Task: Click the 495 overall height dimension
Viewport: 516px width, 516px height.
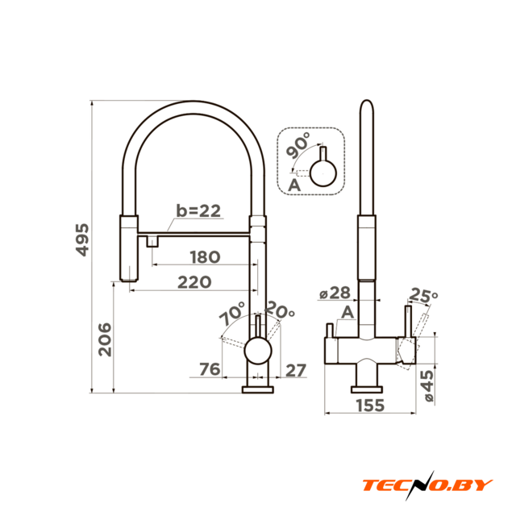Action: coord(82,239)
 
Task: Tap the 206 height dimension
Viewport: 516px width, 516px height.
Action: coord(105,339)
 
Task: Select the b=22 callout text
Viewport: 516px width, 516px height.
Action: coord(198,210)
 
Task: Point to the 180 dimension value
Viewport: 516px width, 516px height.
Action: coord(205,257)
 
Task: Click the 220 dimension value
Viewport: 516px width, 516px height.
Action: coord(194,282)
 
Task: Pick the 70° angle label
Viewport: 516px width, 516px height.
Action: coord(232,313)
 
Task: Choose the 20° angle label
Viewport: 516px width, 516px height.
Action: coord(280,310)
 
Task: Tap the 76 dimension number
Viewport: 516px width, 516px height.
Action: coord(210,369)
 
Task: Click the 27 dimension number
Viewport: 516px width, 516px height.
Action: coord(296,371)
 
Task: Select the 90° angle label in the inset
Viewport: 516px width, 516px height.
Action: coord(298,145)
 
